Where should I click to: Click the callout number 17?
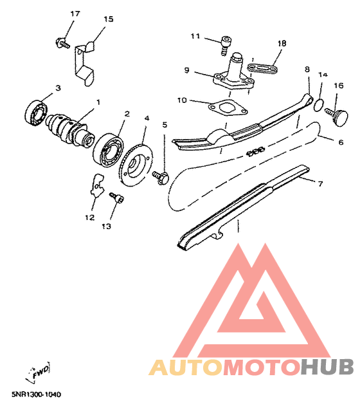click(x=75, y=14)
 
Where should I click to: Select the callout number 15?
click(x=109, y=19)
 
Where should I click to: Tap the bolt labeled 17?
click(x=62, y=43)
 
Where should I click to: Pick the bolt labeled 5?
click(x=161, y=177)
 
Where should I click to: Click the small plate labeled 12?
click(x=97, y=186)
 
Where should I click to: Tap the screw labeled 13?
click(x=116, y=198)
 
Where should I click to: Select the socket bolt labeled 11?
click(x=226, y=46)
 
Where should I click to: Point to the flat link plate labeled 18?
click(x=262, y=68)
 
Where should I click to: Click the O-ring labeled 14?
click(x=318, y=105)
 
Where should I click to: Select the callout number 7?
click(x=320, y=184)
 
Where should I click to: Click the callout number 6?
click(x=341, y=142)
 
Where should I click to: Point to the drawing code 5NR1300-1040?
click(x=36, y=394)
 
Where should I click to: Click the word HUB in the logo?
click(x=327, y=367)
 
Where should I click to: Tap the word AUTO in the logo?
click(x=186, y=367)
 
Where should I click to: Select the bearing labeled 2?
click(x=108, y=151)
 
